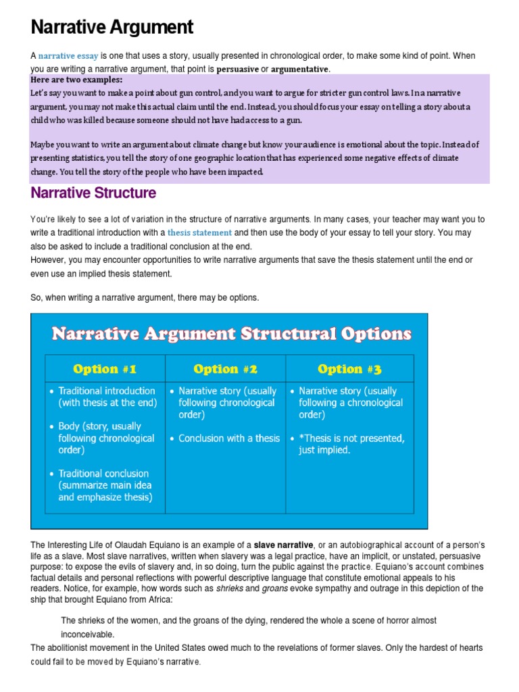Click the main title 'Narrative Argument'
click(x=112, y=28)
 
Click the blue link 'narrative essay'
click(x=68, y=55)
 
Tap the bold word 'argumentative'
click(x=300, y=69)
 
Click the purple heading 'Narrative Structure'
click(x=93, y=193)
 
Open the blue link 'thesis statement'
click(x=199, y=232)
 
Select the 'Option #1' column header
click(x=105, y=369)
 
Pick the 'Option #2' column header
click(x=225, y=369)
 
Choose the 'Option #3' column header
click(x=349, y=369)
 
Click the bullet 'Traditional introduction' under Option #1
click(x=106, y=397)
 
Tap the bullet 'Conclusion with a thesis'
click(x=228, y=439)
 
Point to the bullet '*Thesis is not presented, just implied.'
click(x=351, y=444)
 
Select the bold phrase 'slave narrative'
click(x=283, y=545)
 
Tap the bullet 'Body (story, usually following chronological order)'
click(x=106, y=438)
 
